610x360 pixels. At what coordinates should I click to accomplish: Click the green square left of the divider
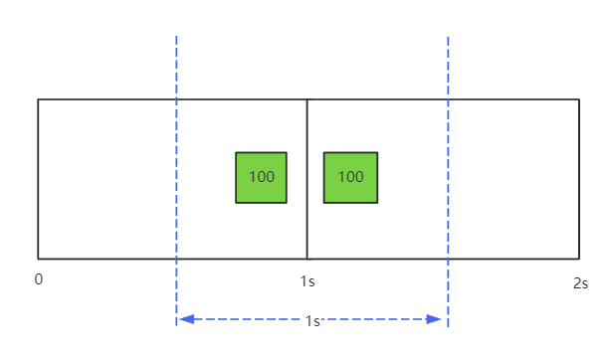(x=261, y=178)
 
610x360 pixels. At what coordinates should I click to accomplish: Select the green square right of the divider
(x=350, y=178)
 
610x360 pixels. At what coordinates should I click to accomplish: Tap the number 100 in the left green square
(x=262, y=177)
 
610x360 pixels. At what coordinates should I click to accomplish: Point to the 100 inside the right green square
(x=351, y=177)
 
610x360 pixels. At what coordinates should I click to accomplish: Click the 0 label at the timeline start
(x=39, y=279)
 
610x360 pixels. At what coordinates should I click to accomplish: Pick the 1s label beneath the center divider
(x=307, y=281)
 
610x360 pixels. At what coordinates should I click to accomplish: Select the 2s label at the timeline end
(x=580, y=283)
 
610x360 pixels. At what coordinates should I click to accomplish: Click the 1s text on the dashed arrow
(x=312, y=321)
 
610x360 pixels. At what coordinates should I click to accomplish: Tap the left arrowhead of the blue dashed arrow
(x=186, y=319)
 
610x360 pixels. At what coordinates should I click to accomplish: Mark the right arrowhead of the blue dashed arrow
(x=434, y=319)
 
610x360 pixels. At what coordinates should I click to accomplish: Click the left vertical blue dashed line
(x=176, y=181)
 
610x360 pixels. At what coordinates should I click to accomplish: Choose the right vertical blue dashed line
(x=448, y=182)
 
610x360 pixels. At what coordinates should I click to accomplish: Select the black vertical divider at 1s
(x=306, y=179)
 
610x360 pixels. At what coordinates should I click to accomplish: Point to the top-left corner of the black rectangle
(x=38, y=99)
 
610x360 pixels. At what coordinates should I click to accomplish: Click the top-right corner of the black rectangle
(x=579, y=99)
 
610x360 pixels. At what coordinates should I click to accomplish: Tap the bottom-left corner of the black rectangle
(x=38, y=259)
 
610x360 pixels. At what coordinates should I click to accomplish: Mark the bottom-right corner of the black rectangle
(x=579, y=259)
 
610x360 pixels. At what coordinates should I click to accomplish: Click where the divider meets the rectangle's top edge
(x=306, y=99)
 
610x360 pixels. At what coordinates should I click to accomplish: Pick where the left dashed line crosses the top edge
(x=176, y=99)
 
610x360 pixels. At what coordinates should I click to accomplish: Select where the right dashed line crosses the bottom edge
(x=448, y=259)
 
